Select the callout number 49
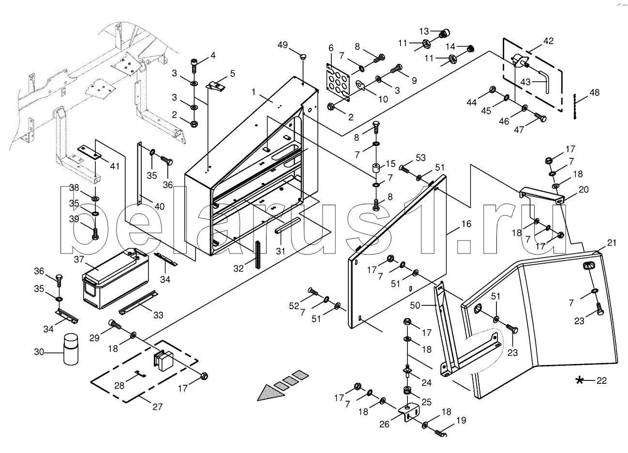(x=282, y=45)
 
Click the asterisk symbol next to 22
(x=579, y=380)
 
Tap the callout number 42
(x=548, y=41)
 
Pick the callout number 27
(x=158, y=407)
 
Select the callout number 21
(x=612, y=243)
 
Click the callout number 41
(x=114, y=166)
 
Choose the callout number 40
(x=159, y=207)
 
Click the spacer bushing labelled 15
(x=375, y=170)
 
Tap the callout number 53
(x=420, y=158)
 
